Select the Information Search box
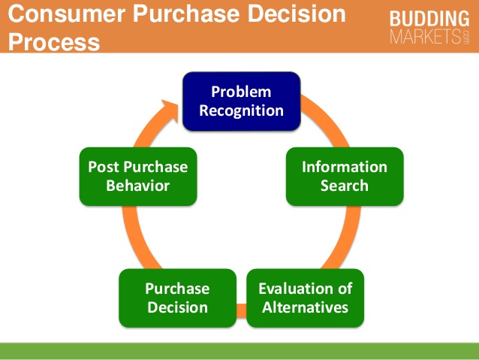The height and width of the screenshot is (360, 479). tap(344, 176)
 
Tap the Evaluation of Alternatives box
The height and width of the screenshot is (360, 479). tap(305, 298)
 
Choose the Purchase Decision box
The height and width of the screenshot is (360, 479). tap(177, 298)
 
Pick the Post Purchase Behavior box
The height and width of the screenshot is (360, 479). tap(137, 176)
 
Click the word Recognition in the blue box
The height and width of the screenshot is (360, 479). tap(241, 110)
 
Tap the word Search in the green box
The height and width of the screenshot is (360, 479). tap(345, 185)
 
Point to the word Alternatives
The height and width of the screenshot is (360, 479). tap(305, 307)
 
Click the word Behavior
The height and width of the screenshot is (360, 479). tap(137, 185)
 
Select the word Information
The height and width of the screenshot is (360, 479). tap(345, 167)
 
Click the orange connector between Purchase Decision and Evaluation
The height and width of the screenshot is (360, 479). tap(241, 307)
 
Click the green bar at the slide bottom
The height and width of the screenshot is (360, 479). tap(239, 350)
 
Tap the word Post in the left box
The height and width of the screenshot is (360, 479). tap(104, 167)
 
